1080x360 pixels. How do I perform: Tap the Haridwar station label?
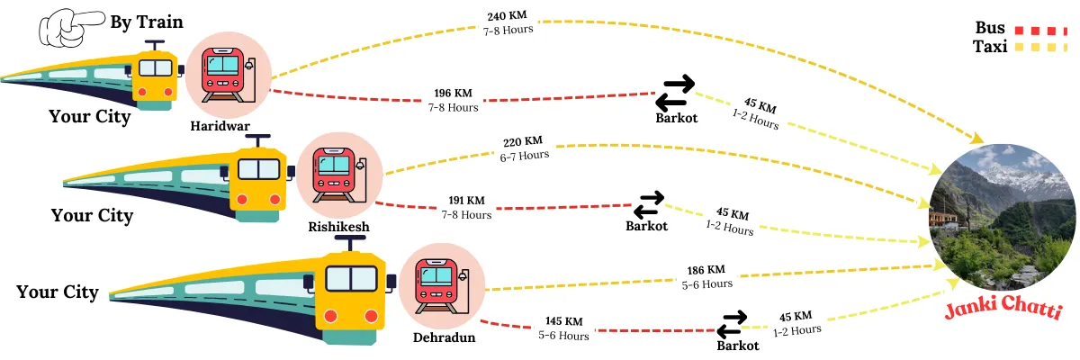click(x=220, y=126)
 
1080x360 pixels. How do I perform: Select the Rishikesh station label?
click(x=338, y=227)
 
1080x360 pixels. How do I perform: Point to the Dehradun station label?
click(x=444, y=337)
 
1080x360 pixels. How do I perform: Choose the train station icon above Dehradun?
click(x=442, y=286)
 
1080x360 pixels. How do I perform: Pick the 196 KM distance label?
click(x=453, y=94)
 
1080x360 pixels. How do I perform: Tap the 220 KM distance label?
click(x=523, y=141)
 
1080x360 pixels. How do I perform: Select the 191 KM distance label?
click(x=466, y=201)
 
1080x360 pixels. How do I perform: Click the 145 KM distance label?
click(x=563, y=321)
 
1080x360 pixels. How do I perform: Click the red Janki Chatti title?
click(x=1003, y=312)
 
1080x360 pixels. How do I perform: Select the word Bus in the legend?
click(x=990, y=28)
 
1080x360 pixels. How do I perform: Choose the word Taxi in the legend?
click(x=990, y=47)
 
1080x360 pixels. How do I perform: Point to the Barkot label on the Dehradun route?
click(x=737, y=345)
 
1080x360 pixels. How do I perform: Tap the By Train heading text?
click(x=146, y=22)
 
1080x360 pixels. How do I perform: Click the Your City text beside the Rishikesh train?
click(x=92, y=216)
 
